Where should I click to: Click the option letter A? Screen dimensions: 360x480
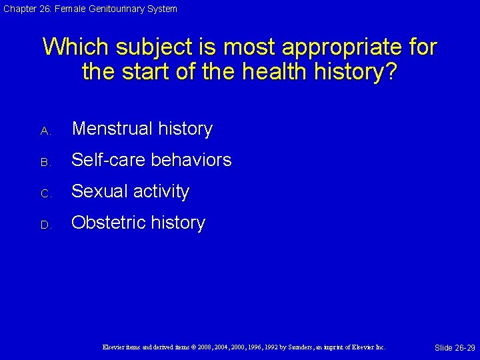[x=45, y=131]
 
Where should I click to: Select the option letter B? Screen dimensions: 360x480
[x=45, y=163]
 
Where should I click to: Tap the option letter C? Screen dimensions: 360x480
[x=45, y=194]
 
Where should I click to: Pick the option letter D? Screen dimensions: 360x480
[x=45, y=225]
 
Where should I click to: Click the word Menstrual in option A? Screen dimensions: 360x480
[x=109, y=129]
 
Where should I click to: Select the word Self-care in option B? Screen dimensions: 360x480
[x=109, y=160]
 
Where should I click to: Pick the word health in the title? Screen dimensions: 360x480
[x=267, y=71]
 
